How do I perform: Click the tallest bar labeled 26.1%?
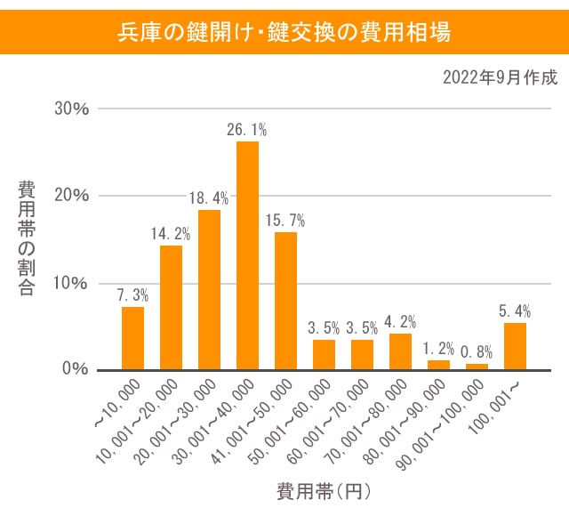coord(247,255)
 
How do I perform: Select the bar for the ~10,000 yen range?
coord(132,338)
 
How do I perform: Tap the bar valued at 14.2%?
coord(171,307)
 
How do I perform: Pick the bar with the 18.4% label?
coord(209,289)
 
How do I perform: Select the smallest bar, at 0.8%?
coord(477,367)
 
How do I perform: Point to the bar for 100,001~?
coord(515,346)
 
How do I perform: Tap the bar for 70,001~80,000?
coord(400,351)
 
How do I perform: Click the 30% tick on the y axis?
coord(71,109)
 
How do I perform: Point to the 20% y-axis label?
coord(71,196)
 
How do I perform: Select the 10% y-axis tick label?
coord(71,283)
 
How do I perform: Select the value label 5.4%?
coord(515,311)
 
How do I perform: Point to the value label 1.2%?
coord(438,349)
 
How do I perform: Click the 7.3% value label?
coord(132,295)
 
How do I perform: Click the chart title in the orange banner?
coord(284,33)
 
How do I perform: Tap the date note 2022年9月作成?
coord(500,78)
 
